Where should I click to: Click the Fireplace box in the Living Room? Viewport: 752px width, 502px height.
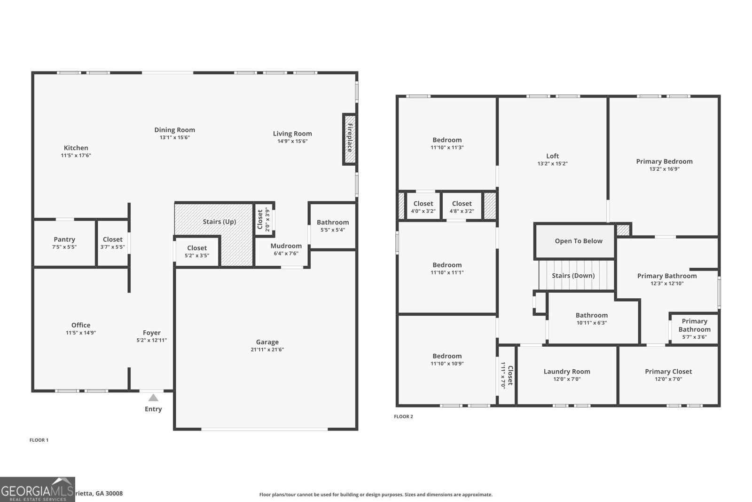coord(349,139)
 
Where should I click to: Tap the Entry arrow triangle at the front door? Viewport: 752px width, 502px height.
coord(153,398)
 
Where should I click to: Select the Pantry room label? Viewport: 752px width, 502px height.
coord(64,239)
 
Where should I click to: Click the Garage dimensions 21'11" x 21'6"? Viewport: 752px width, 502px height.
coord(267,350)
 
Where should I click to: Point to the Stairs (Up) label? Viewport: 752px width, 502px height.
coord(219,222)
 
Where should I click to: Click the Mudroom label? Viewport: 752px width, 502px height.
coord(286,246)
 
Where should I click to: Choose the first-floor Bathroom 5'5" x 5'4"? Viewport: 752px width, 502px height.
coord(333,226)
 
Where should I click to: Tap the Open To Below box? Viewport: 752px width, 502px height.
coord(578,241)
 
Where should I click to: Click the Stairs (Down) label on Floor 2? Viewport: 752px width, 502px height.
coord(573,276)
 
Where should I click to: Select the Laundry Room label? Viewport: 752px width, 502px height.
coord(567,371)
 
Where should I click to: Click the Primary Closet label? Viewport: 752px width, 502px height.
coord(668,371)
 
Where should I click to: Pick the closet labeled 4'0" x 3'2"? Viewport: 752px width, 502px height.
coord(423,207)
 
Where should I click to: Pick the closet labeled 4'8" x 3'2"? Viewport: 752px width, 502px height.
coord(462,207)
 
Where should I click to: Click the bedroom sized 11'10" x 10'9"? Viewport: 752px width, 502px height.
coord(447,359)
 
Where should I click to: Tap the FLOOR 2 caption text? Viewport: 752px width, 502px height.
coord(403,416)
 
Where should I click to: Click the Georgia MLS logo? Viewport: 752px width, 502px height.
coord(37,489)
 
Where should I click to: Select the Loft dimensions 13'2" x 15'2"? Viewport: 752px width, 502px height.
coord(552,164)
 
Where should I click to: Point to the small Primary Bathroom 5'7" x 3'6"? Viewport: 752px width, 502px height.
coord(694,329)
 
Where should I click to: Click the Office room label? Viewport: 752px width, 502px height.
coord(81,325)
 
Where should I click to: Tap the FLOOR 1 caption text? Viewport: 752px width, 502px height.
coord(39,440)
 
